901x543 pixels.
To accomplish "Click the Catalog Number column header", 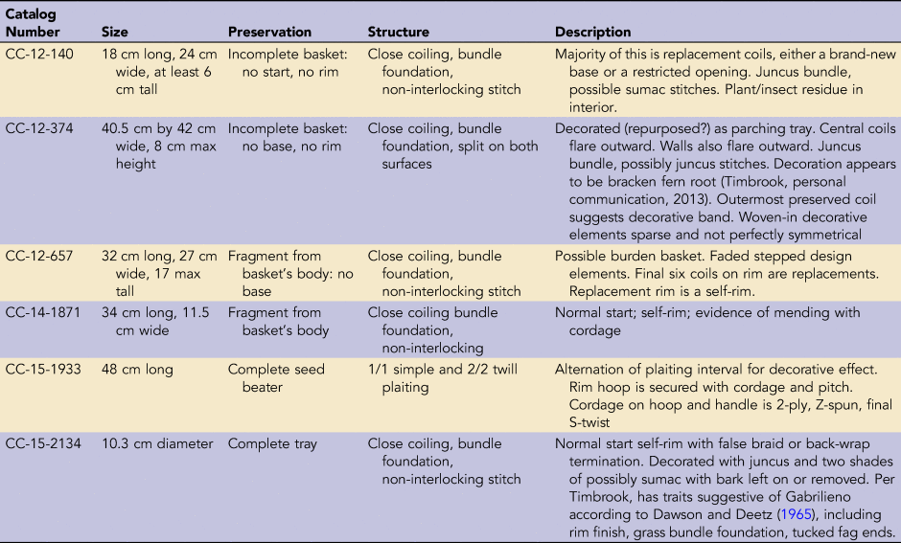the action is pos(33,23).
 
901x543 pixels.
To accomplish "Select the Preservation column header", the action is pos(269,32).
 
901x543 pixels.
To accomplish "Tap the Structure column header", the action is pos(398,32).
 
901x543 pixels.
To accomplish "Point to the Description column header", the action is pos(592,33).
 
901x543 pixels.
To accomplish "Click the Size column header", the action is pos(114,32).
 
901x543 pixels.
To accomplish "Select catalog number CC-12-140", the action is pos(39,54).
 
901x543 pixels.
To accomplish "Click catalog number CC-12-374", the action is pos(39,128).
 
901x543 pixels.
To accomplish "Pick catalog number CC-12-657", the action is pos(39,256).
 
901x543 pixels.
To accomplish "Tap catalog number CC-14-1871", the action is pos(42,313).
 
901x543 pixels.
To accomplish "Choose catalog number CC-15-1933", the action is pos(43,369).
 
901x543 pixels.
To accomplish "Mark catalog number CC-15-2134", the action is pos(43,443).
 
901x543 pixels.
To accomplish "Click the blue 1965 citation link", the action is pos(797,514).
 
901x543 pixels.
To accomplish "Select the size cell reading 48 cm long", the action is pos(137,369).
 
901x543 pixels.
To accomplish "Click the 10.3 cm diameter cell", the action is pos(157,443).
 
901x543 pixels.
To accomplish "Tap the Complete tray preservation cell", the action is pos(272,443).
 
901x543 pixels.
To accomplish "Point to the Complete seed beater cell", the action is pos(276,377).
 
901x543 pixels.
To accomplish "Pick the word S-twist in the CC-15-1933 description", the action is pos(589,422).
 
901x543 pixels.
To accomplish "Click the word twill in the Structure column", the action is pos(503,369).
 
